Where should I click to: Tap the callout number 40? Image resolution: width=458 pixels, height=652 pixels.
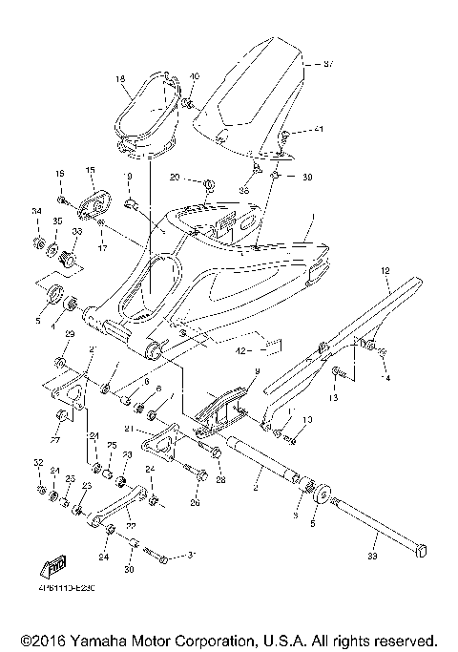tap(195, 76)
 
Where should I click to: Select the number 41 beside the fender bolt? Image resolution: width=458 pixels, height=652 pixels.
tap(319, 129)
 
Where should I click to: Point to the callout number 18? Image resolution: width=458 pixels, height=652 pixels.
tap(121, 79)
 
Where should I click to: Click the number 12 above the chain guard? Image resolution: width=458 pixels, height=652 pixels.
tap(385, 271)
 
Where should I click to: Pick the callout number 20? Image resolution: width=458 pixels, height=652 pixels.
tap(175, 178)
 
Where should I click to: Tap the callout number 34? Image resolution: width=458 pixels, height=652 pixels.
tap(36, 211)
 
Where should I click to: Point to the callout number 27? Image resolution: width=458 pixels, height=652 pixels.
tap(53, 442)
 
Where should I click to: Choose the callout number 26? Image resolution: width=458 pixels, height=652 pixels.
tap(196, 503)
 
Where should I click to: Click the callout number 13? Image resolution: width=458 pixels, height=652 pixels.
tap(333, 397)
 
